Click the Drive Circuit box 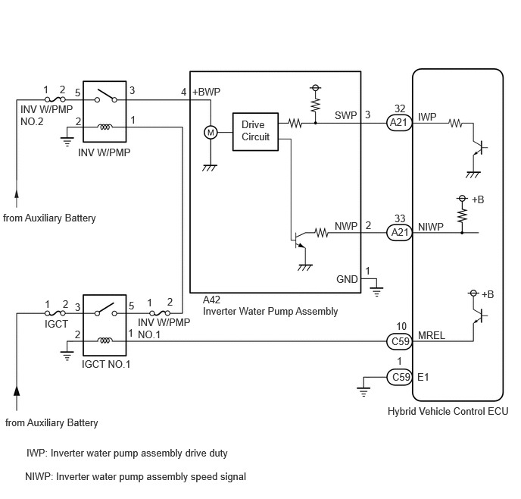255,132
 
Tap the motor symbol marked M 211,133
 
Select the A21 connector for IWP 399,123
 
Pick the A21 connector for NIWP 399,232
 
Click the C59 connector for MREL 400,341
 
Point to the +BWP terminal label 206,92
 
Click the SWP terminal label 345,115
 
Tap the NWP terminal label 346,226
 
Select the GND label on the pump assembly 347,279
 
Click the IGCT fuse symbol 55,313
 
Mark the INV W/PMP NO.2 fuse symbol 55,99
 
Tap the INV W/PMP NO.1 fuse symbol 160,313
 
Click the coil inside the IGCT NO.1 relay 105,341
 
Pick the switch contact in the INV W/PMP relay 106,96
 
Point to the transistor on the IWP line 479,147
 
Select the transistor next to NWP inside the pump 299,240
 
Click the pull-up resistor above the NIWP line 462,215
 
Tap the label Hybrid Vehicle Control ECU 448,412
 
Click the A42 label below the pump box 211,300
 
